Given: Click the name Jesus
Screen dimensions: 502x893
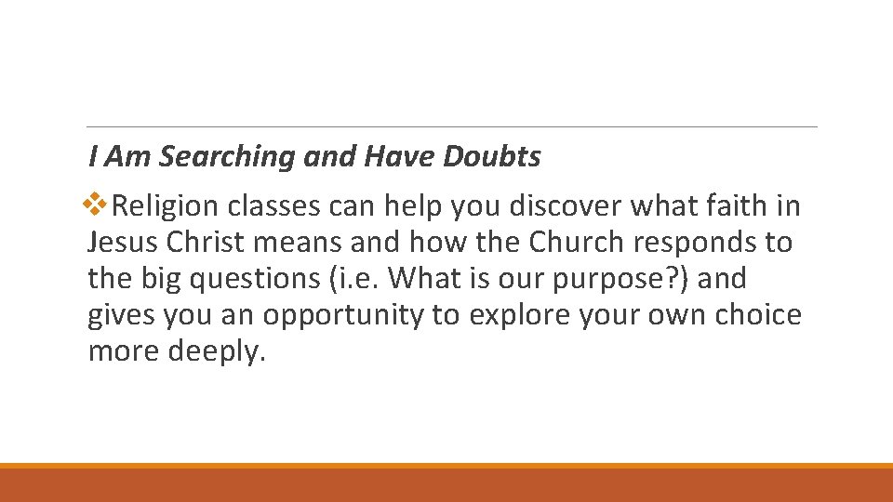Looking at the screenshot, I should click(x=124, y=243).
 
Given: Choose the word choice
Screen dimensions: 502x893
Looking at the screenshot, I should click(x=758, y=315).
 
